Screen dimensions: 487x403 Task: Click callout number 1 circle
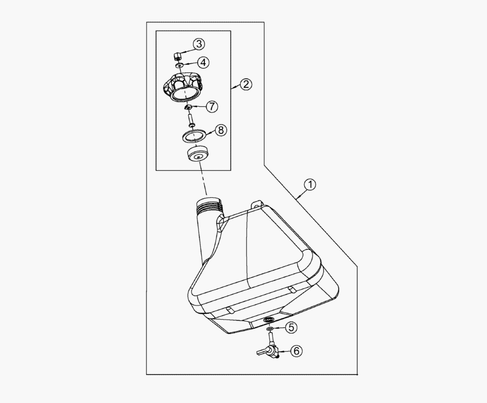coord(310,185)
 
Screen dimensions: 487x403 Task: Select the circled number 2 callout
coord(246,84)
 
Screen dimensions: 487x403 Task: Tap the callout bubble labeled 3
coord(199,44)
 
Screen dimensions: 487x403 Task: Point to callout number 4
coord(203,62)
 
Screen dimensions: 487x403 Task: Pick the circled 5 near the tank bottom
coord(291,327)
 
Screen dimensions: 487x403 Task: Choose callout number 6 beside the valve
coord(296,351)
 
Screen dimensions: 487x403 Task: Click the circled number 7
coord(212,107)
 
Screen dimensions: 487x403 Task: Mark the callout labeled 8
coord(221,130)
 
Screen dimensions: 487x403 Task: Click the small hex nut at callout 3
coord(177,57)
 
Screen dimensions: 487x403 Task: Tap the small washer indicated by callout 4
coord(179,66)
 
